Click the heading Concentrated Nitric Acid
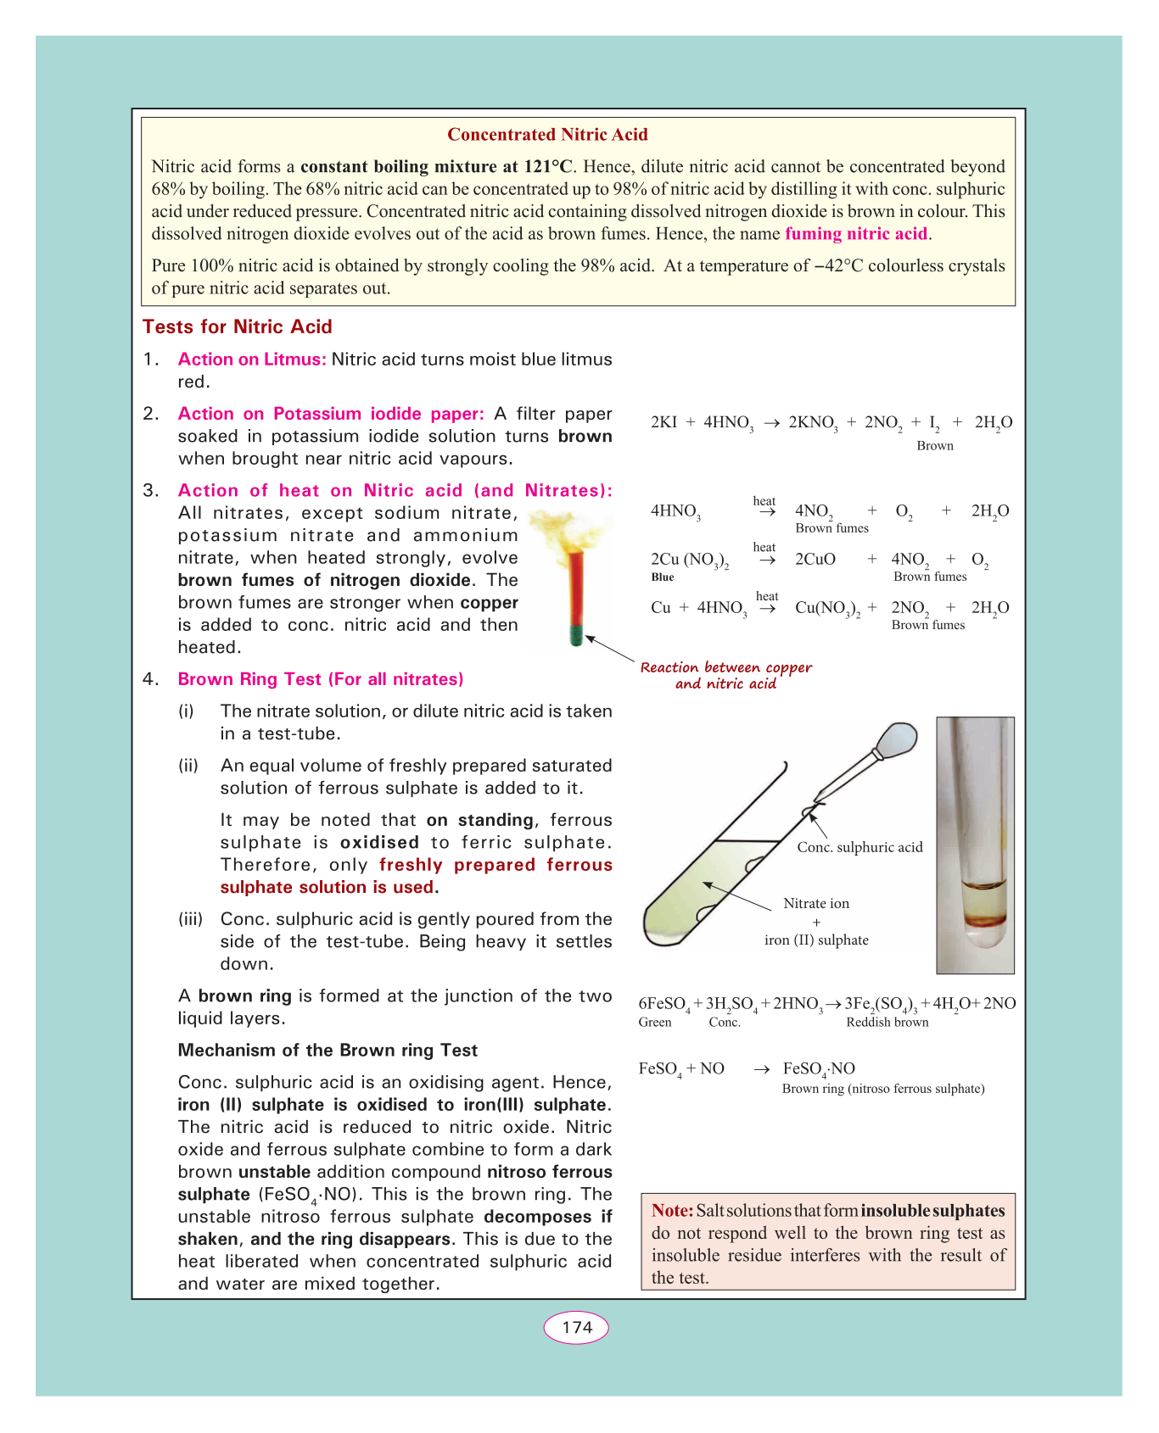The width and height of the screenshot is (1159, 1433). point(547,135)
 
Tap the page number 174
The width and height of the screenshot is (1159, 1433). point(576,1328)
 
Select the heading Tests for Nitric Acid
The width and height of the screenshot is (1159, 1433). point(238,327)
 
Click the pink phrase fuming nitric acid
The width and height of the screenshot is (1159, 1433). point(857,234)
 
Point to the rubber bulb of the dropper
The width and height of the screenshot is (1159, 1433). point(899,739)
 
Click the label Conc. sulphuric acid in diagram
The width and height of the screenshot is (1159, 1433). point(859,847)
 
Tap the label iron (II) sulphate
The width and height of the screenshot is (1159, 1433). point(816,940)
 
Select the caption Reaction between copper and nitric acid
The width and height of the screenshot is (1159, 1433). point(726,676)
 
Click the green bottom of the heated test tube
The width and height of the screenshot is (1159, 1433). point(577,636)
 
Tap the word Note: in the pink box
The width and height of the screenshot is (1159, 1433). point(672,1211)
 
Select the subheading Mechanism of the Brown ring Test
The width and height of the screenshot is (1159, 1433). point(328,1051)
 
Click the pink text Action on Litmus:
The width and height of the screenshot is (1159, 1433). point(252,360)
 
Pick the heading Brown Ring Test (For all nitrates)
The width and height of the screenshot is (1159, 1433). point(321,680)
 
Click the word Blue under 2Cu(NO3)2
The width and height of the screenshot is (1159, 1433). point(663,577)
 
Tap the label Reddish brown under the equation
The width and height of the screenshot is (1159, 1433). point(887,1023)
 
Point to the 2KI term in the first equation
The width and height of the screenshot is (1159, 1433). point(663,423)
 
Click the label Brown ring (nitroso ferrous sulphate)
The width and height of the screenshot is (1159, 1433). point(883,1089)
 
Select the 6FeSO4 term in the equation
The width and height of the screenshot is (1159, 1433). point(663,1005)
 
